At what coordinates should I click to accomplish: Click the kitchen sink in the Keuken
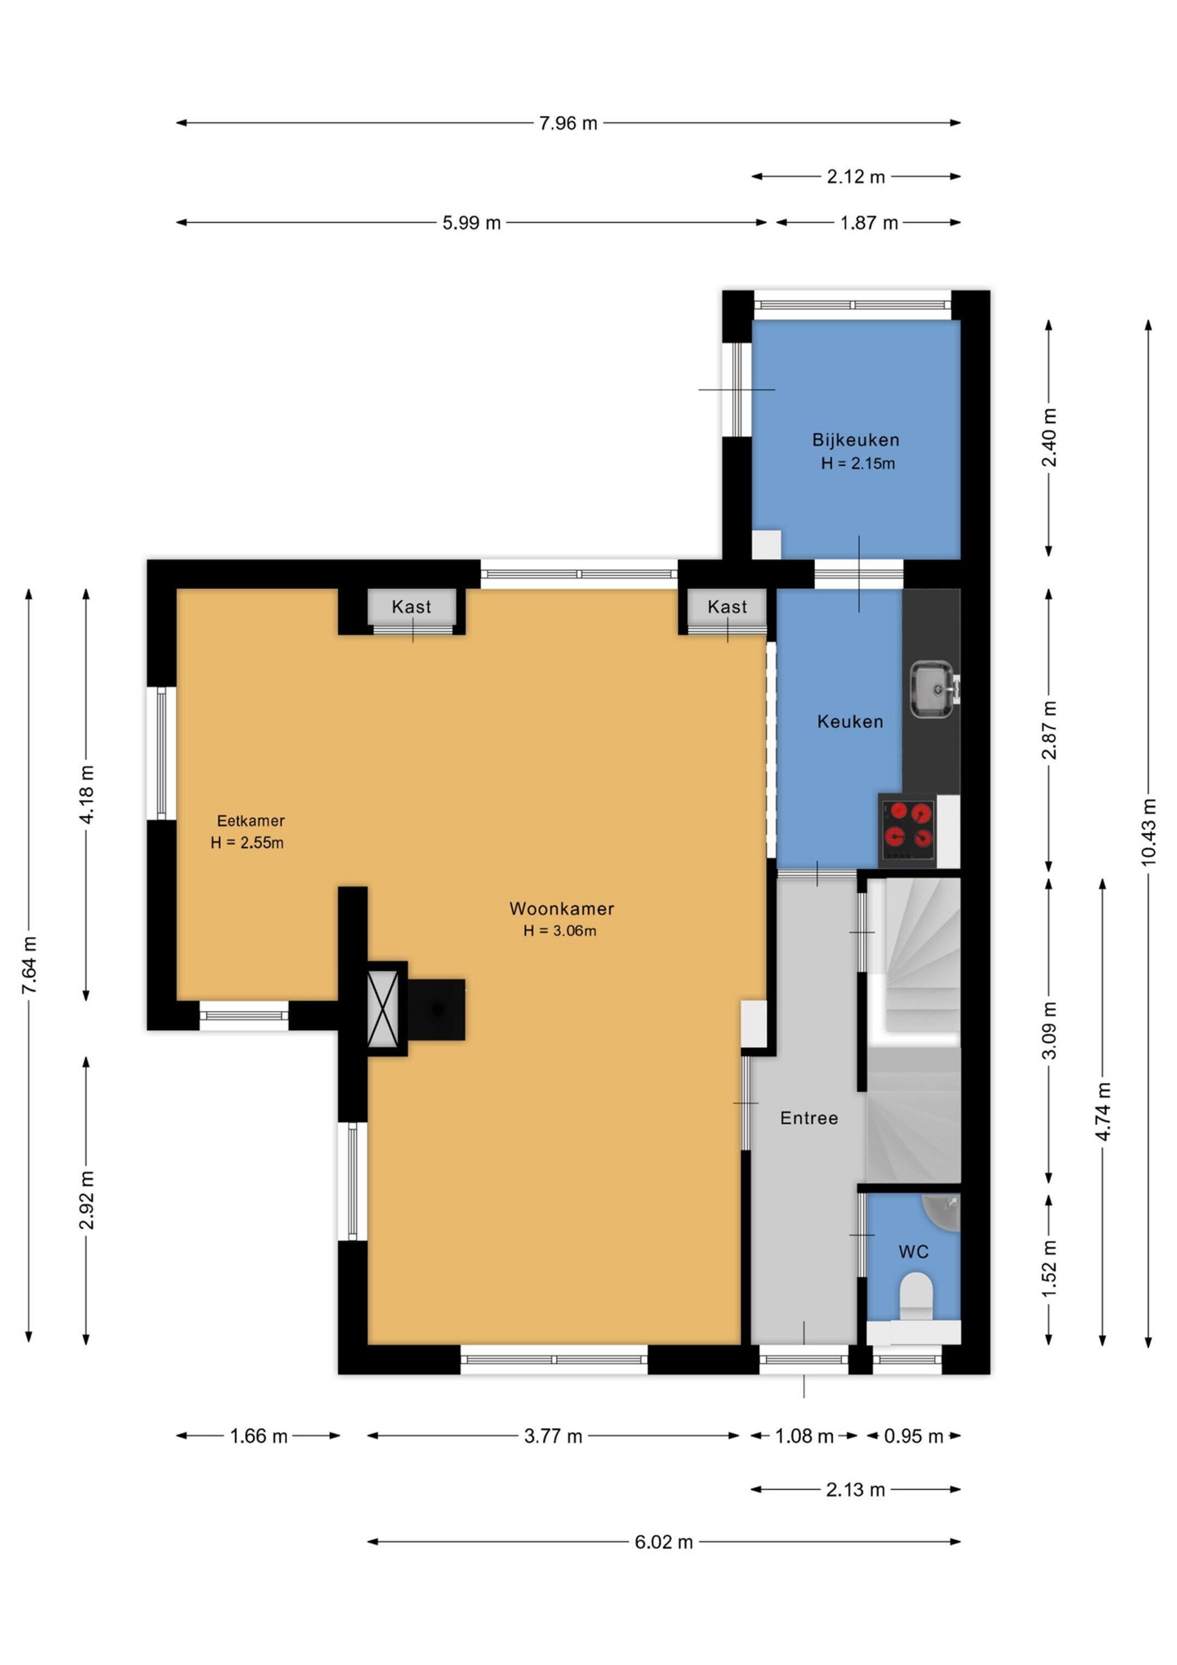(x=933, y=688)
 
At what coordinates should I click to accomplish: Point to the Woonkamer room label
(x=562, y=909)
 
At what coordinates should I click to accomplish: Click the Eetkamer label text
(x=251, y=821)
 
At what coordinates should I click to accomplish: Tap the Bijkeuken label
(x=856, y=440)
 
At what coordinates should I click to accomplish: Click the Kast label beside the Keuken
(x=727, y=607)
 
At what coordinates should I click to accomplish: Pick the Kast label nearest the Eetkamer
(x=411, y=607)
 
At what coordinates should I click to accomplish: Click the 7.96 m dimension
(x=568, y=123)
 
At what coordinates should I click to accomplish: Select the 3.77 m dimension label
(x=553, y=1436)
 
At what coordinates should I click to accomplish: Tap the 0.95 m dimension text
(x=913, y=1436)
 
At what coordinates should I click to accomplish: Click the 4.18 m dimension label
(x=86, y=794)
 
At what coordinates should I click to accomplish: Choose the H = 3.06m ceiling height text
(x=560, y=931)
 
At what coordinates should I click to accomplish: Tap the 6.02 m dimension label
(x=664, y=1542)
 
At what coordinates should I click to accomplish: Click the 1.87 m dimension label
(x=869, y=223)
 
